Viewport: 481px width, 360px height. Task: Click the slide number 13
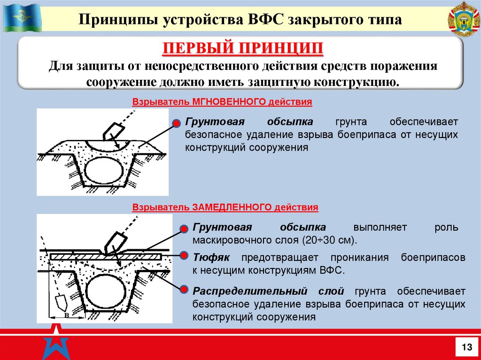[467, 347]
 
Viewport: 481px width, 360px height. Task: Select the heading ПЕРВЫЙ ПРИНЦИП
[243, 48]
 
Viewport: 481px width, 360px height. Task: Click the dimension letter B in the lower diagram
[66, 315]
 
